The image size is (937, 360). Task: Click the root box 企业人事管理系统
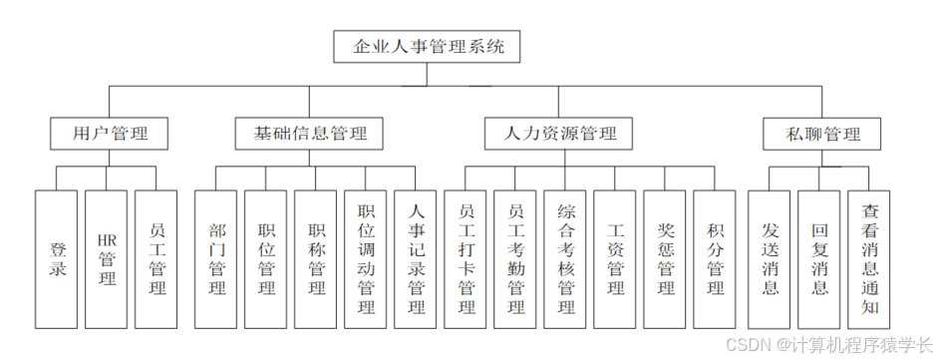tap(428, 46)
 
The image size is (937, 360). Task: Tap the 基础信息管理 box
tap(310, 134)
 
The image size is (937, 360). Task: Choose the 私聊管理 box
tap(823, 134)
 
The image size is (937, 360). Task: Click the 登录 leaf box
tap(57, 259)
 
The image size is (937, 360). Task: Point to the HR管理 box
tap(107, 259)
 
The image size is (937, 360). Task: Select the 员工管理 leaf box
tap(156, 259)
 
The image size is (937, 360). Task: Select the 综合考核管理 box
tap(566, 259)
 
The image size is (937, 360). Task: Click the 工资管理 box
tap(616, 259)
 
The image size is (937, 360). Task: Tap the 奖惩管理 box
tap(666, 259)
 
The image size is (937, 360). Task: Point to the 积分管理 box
tap(716, 259)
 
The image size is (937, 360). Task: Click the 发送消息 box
tap(770, 259)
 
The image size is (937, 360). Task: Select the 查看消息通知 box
tap(870, 259)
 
